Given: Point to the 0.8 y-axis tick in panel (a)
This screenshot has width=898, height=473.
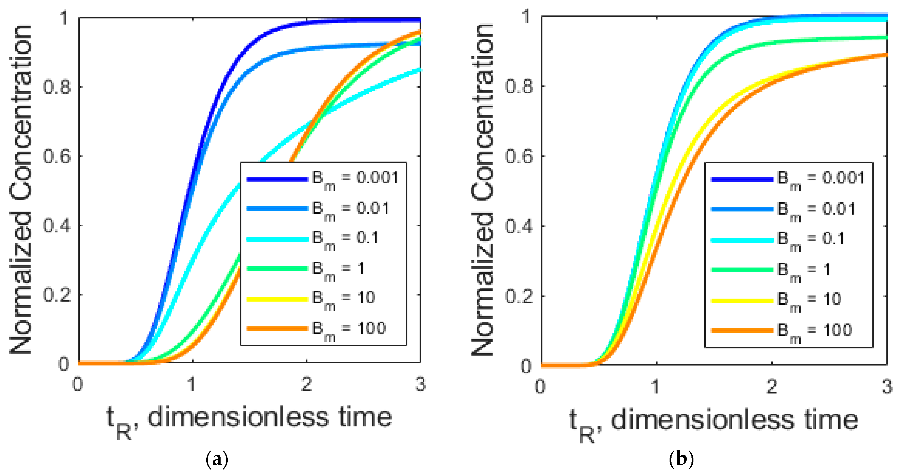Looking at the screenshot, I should (x=56, y=86).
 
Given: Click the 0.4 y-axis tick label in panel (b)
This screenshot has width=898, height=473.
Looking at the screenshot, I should (x=519, y=226).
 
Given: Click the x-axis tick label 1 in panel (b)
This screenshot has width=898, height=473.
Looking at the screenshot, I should (x=655, y=387).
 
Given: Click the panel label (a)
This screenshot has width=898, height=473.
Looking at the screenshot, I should (x=217, y=460).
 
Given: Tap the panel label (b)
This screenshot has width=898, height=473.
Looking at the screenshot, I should (x=681, y=460).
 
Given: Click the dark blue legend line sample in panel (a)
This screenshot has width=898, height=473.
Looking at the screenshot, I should (x=277, y=179).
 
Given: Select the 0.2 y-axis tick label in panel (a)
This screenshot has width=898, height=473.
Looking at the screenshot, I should (x=56, y=295).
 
